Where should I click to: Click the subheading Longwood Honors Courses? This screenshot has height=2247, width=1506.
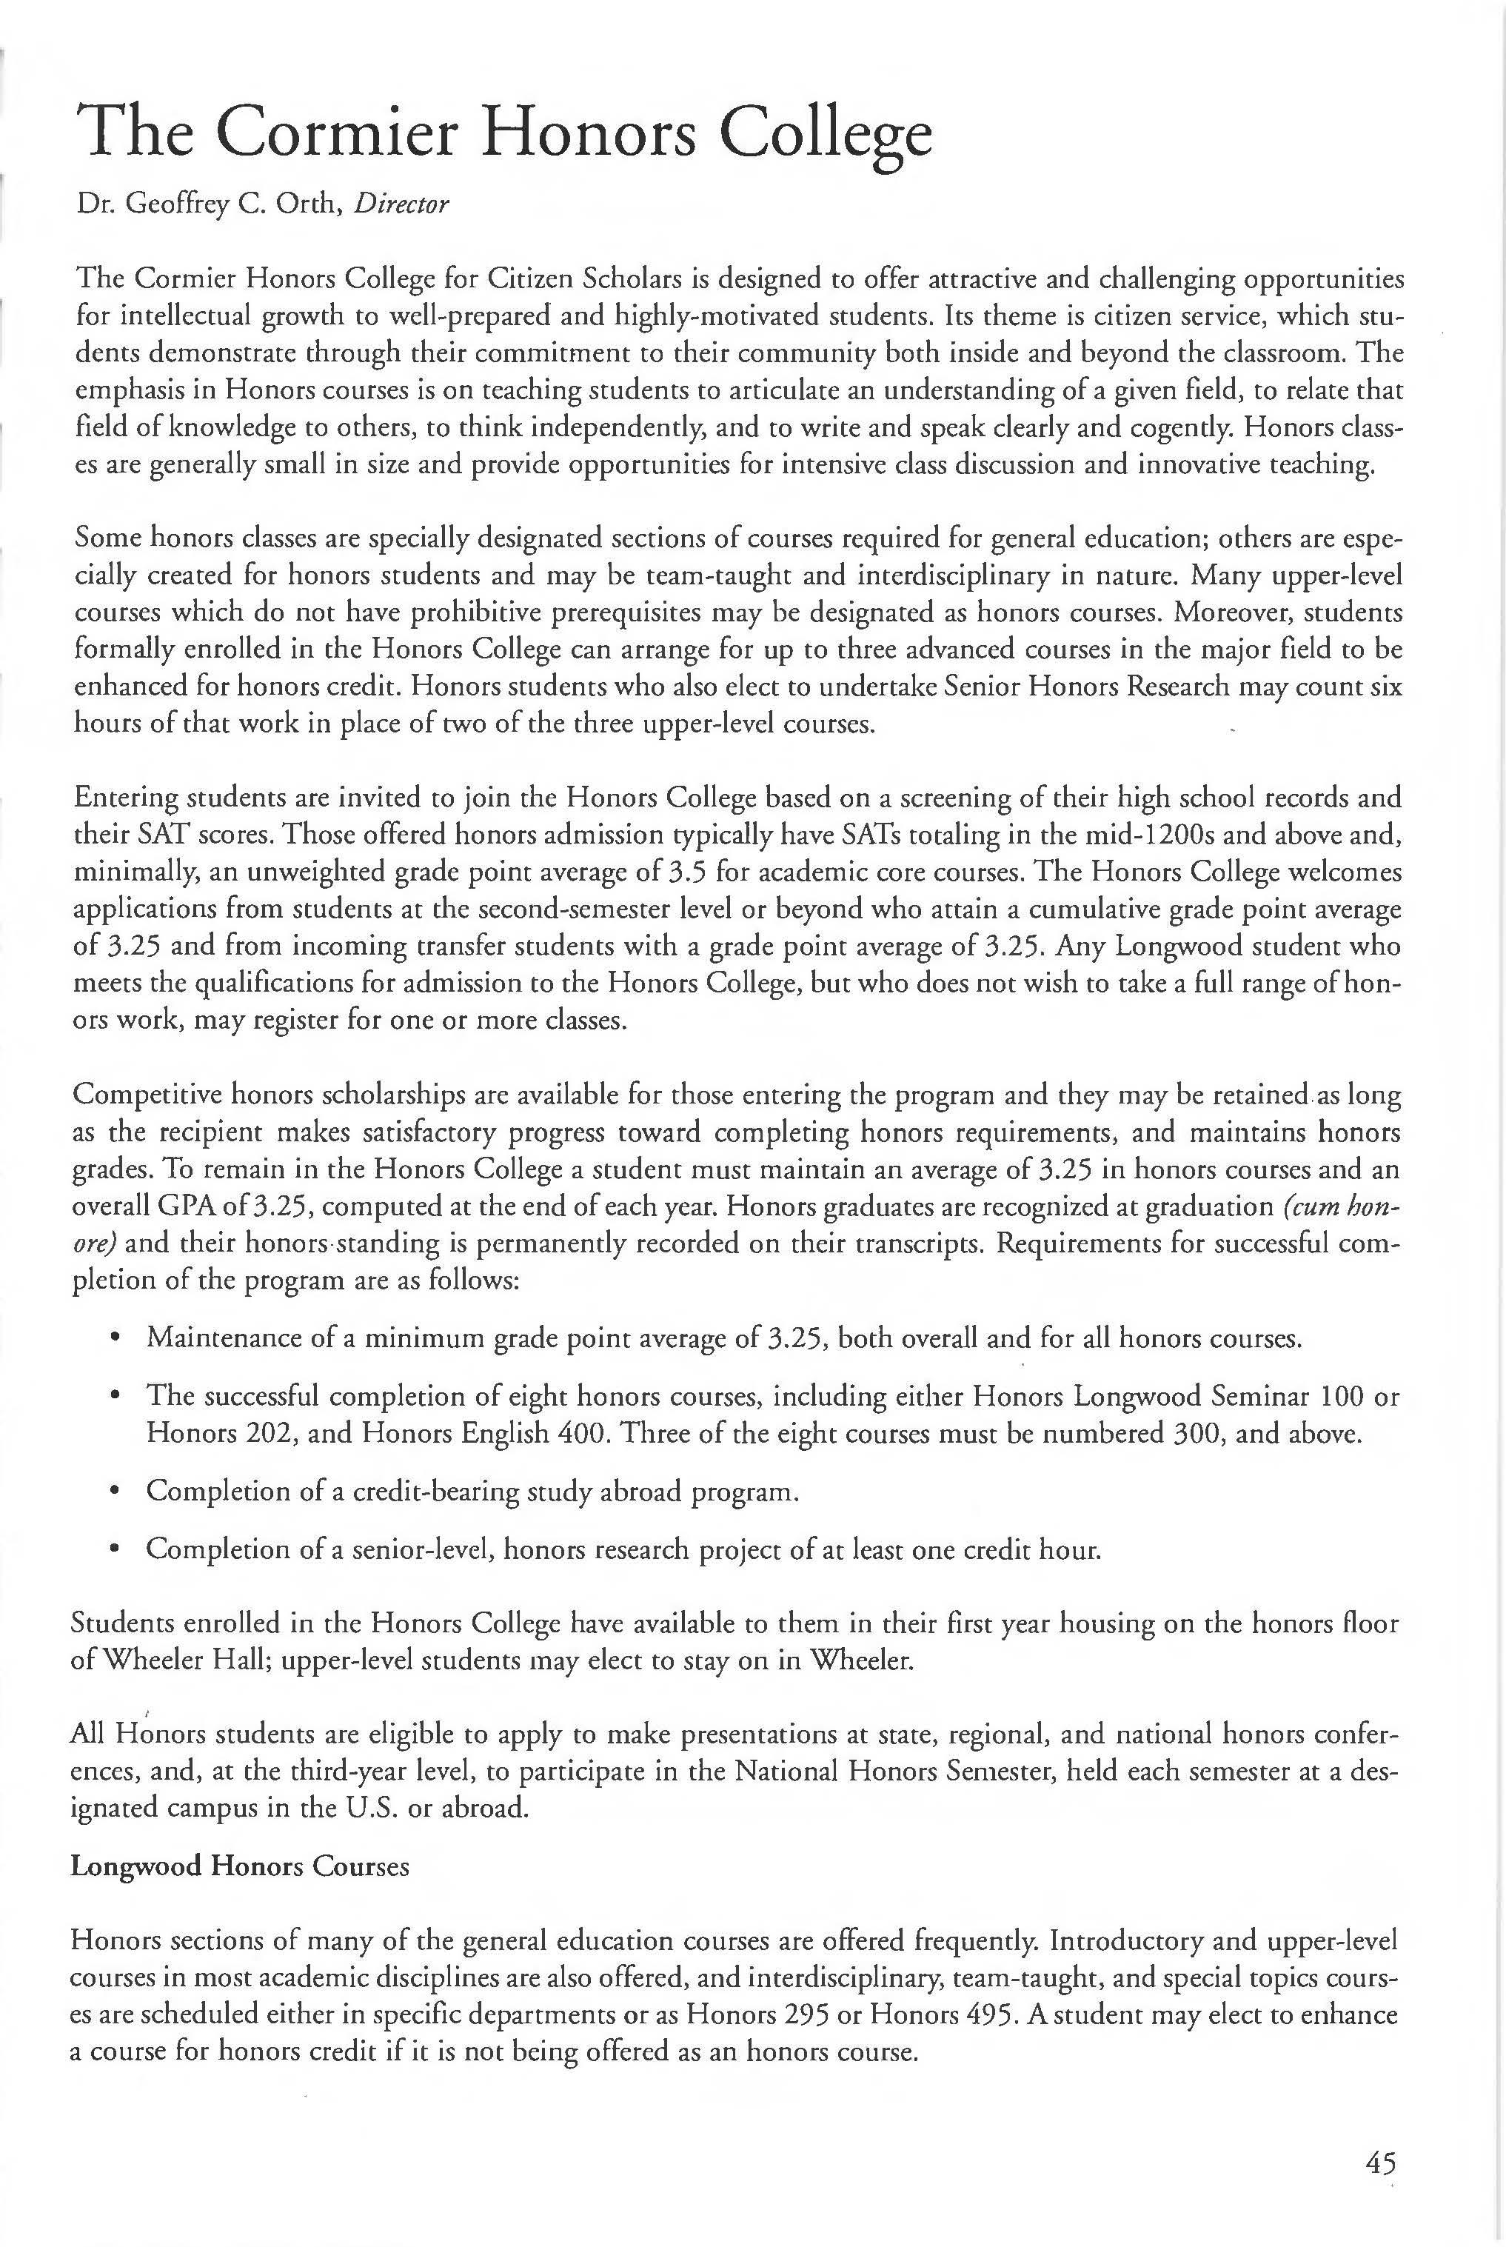point(240,1866)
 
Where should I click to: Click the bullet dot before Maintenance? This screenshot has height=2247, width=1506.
point(116,1338)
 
